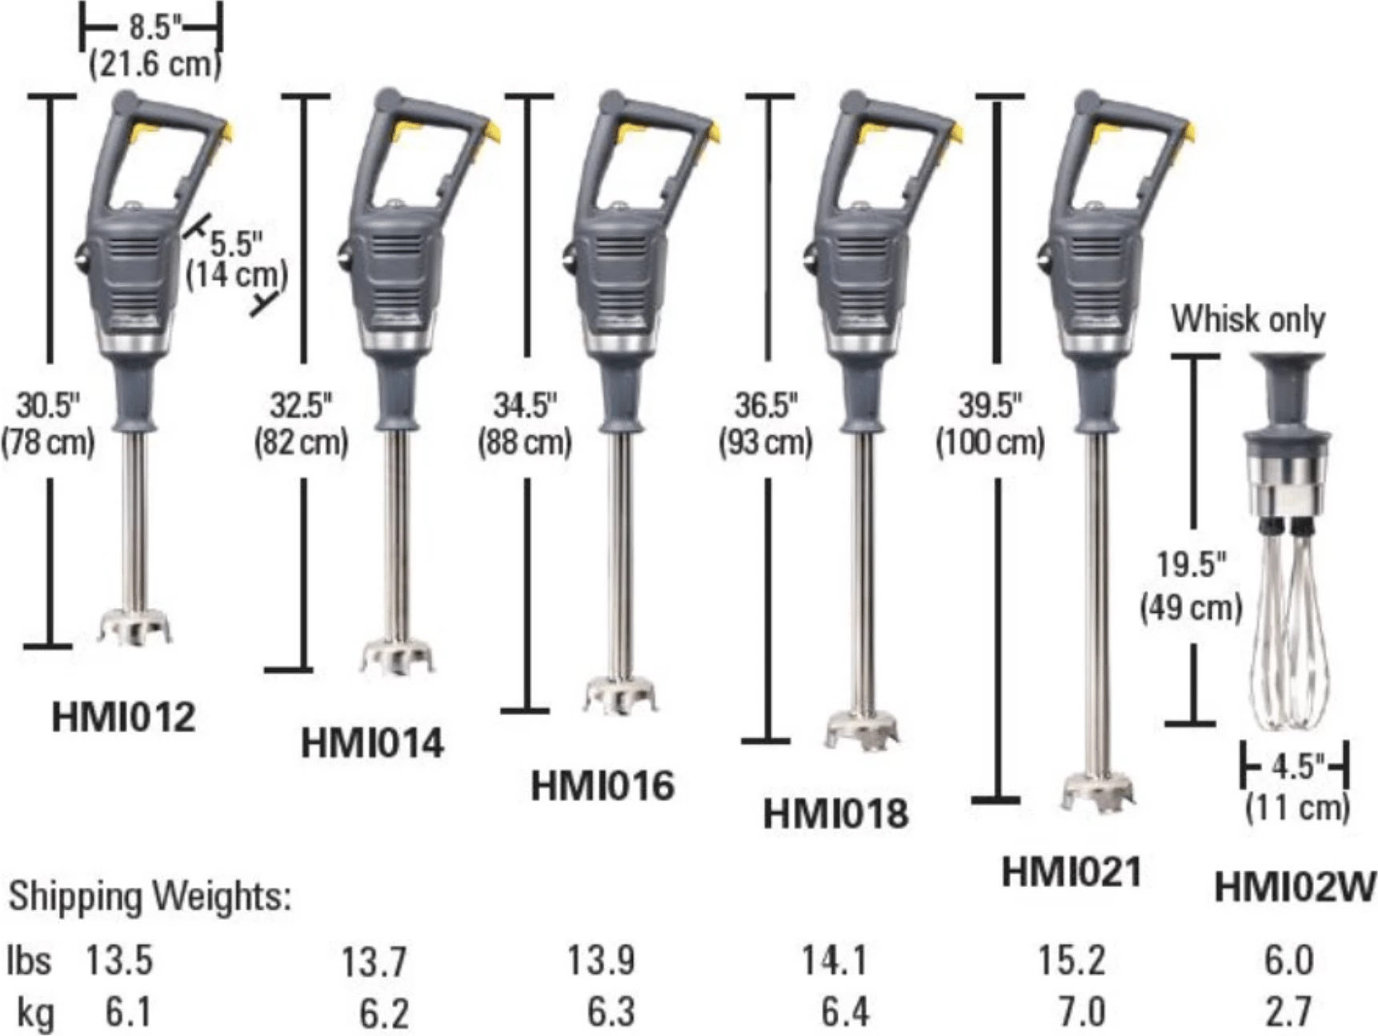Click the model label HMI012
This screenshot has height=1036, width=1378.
123,716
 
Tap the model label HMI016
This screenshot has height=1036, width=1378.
602,785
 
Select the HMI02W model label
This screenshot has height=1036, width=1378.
1294,887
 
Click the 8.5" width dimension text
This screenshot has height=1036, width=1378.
152,27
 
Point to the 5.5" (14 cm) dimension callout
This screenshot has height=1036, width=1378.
236,258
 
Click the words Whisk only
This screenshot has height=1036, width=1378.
1248,318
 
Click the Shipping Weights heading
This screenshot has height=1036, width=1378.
150,896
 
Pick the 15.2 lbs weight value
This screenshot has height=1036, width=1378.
1072,960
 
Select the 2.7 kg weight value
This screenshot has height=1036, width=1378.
1288,1012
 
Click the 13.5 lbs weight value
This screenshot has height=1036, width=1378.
119,960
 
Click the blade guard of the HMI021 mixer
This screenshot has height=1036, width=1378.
1098,792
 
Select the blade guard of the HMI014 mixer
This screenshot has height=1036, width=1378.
397,656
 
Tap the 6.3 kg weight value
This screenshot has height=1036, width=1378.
611,1012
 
